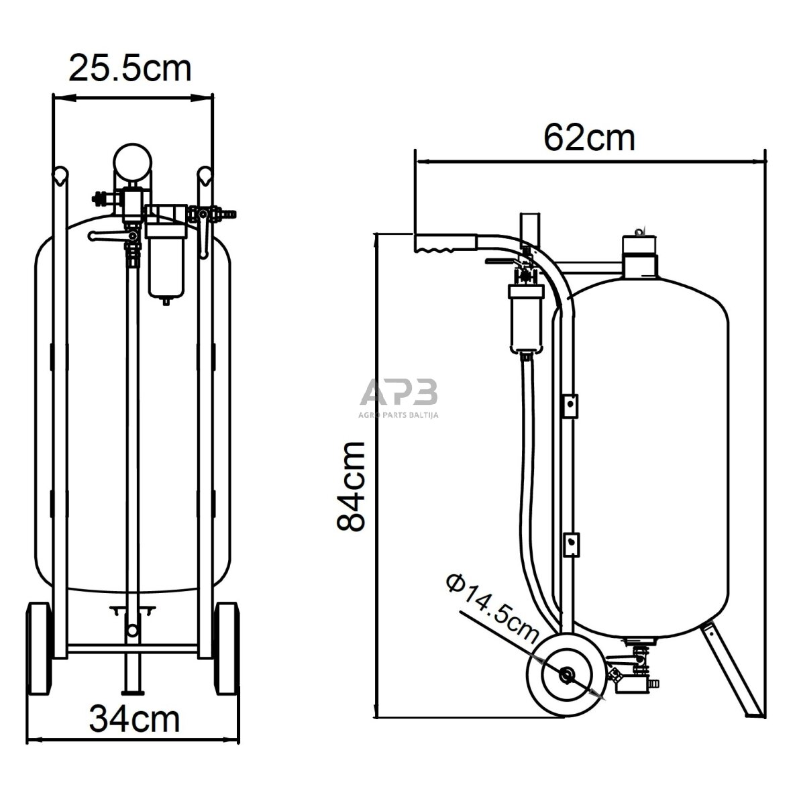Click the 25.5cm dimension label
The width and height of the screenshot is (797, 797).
[129, 68]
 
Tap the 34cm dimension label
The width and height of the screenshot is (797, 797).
[134, 719]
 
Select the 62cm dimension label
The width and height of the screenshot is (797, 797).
[589, 138]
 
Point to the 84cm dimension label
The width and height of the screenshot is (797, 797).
[352, 486]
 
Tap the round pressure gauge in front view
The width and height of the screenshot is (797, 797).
[132, 161]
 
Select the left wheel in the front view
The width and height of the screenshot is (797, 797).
[40, 649]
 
